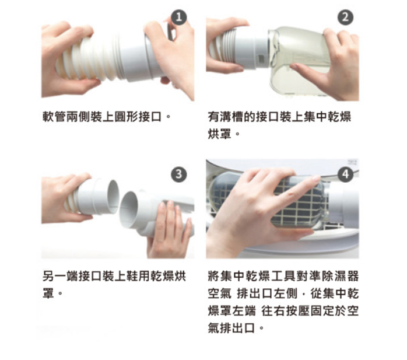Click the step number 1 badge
179,18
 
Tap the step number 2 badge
345,18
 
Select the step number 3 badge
179,174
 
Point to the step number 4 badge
345,174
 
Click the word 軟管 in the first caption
54,117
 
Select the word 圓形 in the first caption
126,117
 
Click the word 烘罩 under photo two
220,134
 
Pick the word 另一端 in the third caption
60,276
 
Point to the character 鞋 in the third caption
132,276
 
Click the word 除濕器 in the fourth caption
341,276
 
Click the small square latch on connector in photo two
260,58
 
